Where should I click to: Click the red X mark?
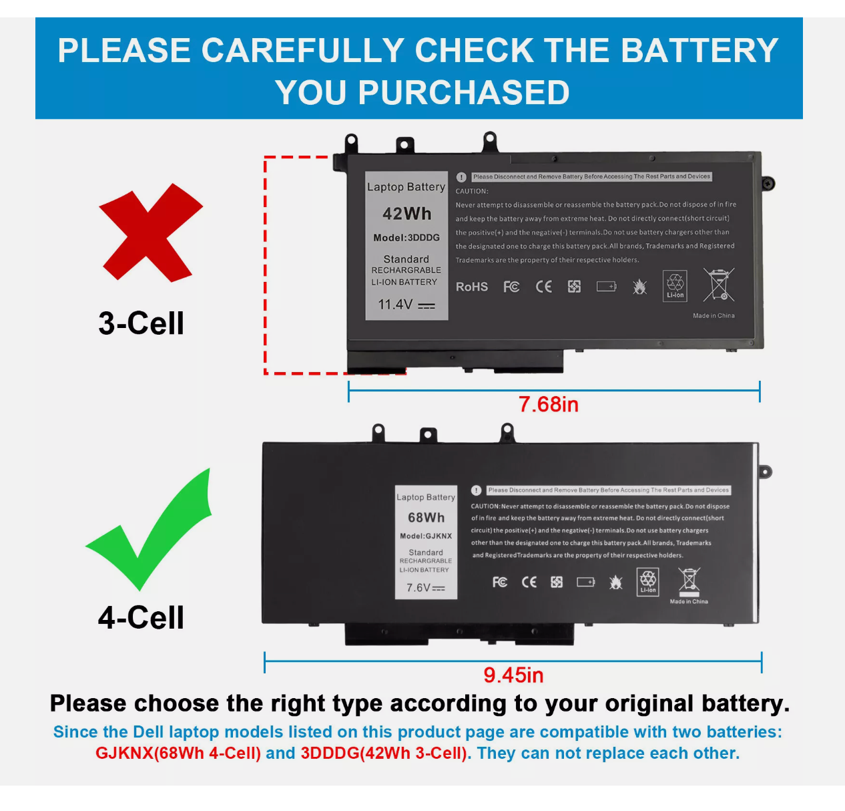pos(150,232)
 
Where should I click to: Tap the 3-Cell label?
pos(141,323)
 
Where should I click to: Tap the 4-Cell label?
pos(141,617)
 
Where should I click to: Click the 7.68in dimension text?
pos(548,404)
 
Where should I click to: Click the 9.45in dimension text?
pos(513,675)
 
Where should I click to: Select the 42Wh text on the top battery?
pos(406,214)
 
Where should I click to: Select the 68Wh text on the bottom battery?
pos(426,518)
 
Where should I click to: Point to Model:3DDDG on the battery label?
pos(406,238)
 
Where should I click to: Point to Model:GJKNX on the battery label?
pos(426,536)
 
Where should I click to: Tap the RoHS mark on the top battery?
pos(471,287)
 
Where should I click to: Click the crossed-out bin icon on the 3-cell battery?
pos(718,285)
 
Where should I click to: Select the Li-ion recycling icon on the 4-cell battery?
pos(648,581)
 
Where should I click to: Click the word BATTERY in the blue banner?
pos(699,51)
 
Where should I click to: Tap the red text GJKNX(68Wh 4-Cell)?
pos(178,753)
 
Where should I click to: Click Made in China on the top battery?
pos(714,315)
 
